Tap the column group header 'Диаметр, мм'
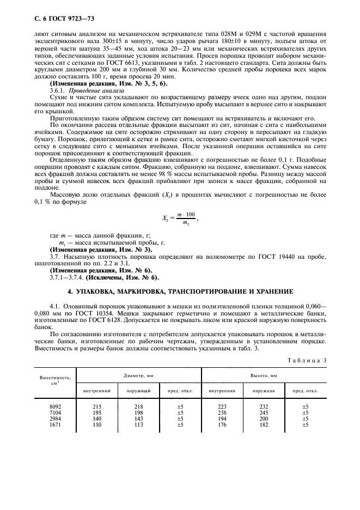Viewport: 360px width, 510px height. pyautogui.click(x=138, y=376)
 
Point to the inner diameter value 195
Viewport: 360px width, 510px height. pyautogui.click(x=97, y=413)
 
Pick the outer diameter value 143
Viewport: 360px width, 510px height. pyautogui.click(x=138, y=419)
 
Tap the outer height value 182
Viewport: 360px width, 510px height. pyautogui.click(x=264, y=425)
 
